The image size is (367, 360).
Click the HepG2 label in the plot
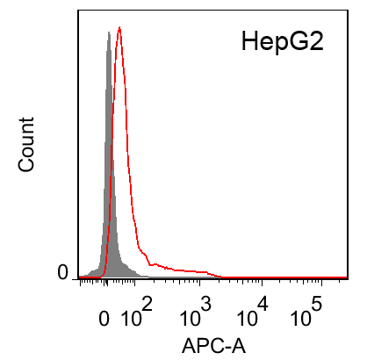[283, 41]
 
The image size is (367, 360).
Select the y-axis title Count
[27, 143]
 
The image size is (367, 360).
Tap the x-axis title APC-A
[213, 345]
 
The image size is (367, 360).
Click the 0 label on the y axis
[62, 274]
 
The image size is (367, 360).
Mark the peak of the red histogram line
[119, 27]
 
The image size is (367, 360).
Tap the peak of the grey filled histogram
[108, 32]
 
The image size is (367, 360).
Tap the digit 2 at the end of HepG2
[317, 41]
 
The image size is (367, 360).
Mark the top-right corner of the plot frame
[349, 13]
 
